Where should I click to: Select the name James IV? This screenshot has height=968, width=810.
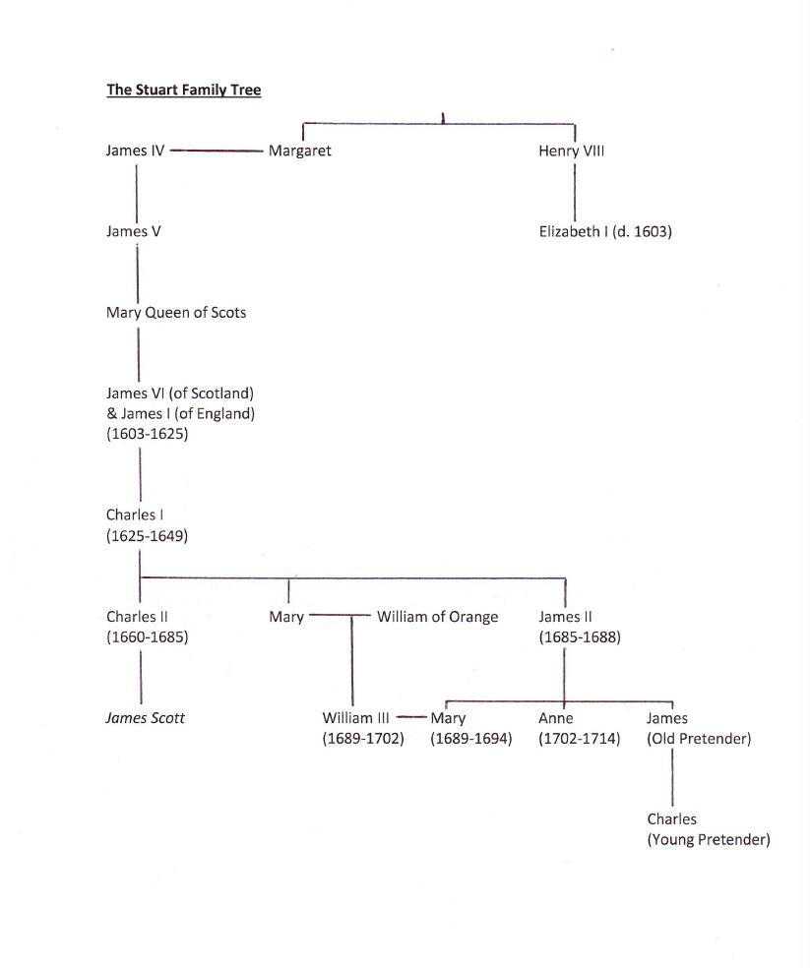tap(135, 151)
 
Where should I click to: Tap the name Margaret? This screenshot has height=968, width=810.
tap(299, 151)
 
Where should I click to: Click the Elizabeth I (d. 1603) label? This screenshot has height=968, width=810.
tap(605, 232)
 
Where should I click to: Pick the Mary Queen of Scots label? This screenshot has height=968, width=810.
tap(176, 313)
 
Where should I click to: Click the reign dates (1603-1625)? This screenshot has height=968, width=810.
tap(147, 434)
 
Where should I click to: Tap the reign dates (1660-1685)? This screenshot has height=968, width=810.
tap(147, 636)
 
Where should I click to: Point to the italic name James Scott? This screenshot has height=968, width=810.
tap(145, 718)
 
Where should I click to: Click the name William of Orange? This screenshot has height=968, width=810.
tap(437, 617)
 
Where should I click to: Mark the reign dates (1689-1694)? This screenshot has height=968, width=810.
tap(471, 739)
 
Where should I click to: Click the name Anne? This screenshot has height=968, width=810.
tap(556, 718)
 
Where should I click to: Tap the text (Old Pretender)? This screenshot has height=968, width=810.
tap(699, 739)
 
